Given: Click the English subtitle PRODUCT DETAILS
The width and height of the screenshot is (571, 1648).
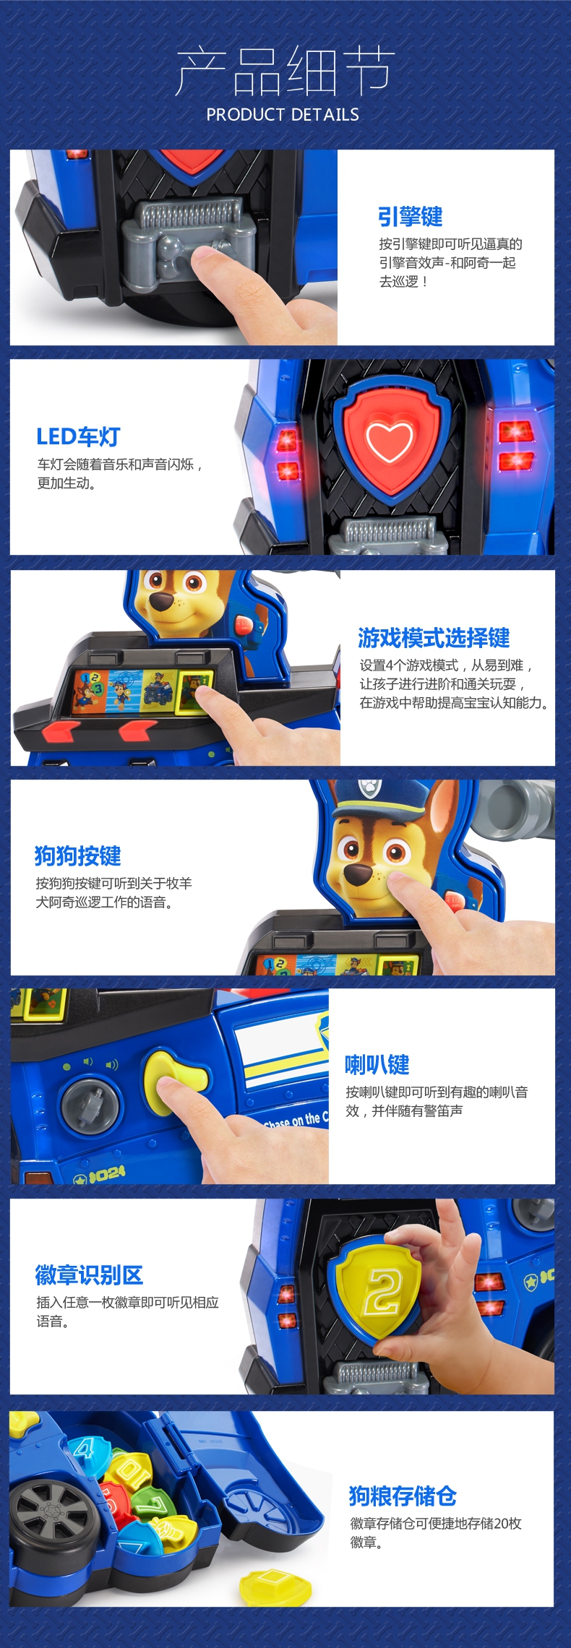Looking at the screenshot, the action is tap(283, 114).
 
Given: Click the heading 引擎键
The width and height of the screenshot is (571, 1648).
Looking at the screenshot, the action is tap(410, 216).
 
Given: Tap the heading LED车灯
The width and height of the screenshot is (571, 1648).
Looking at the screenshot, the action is tap(78, 436).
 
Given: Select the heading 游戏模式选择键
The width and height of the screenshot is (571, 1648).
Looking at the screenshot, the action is tap(434, 637).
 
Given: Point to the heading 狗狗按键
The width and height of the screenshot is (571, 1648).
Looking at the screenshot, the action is tap(77, 855).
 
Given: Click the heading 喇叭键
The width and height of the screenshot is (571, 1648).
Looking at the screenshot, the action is tap(377, 1064).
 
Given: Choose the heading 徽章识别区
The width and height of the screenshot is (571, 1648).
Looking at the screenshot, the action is tap(89, 1275).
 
